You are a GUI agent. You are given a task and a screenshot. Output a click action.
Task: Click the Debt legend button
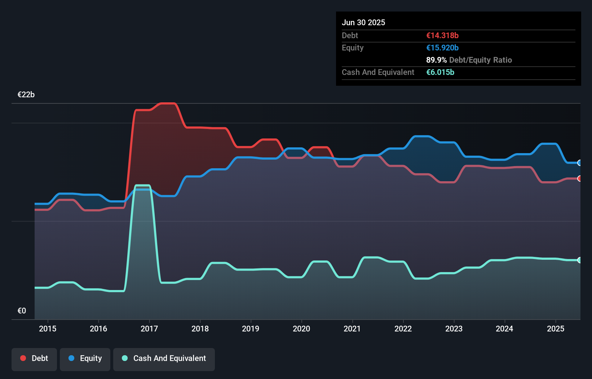click(34, 358)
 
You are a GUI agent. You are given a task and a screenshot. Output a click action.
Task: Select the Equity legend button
click(85, 358)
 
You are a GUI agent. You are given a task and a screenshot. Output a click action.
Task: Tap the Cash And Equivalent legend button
click(164, 358)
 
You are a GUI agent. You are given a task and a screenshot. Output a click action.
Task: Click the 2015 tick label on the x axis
click(48, 329)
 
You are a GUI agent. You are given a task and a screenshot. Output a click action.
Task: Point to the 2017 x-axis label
click(149, 329)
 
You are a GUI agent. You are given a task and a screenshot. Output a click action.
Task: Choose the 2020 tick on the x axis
click(301, 329)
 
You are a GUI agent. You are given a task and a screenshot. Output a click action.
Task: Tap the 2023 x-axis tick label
click(454, 329)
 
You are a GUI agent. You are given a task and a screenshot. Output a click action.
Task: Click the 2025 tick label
click(555, 329)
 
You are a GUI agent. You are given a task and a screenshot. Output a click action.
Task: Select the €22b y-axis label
click(26, 95)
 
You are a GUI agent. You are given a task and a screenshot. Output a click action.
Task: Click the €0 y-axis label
click(22, 311)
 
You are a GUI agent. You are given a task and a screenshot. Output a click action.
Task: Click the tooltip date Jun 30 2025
click(363, 22)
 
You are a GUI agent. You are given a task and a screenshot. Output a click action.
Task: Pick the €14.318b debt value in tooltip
click(442, 35)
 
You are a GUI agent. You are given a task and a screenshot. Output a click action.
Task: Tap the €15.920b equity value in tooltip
click(442, 48)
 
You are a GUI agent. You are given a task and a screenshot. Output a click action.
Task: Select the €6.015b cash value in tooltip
click(440, 72)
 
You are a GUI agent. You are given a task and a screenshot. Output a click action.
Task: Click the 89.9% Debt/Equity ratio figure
click(436, 60)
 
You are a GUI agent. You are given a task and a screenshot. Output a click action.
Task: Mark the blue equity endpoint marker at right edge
click(579, 163)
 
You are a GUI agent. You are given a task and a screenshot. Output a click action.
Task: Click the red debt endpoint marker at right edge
click(579, 179)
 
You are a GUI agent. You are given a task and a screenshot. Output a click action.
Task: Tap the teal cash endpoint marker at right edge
click(579, 260)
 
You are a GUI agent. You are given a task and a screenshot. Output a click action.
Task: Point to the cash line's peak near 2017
click(142, 186)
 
